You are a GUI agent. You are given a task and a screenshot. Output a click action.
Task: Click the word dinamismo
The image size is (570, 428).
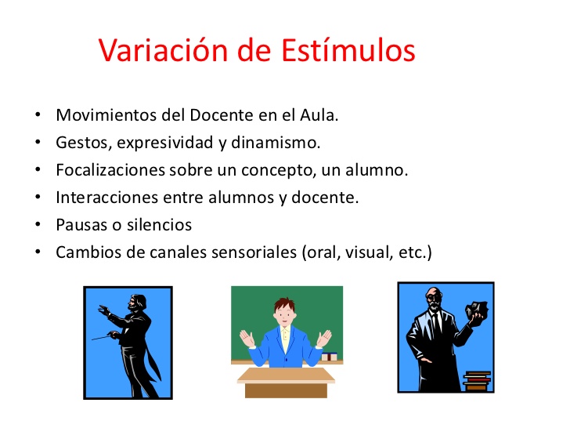pyautogui.click(x=282, y=143)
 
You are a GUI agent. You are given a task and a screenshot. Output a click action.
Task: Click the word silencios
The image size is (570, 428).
pyautogui.click(x=159, y=225)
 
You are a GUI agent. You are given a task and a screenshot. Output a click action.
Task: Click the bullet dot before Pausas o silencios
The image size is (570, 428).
pyautogui.click(x=38, y=225)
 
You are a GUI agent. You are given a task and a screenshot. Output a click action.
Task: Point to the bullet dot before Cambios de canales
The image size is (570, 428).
pyautogui.click(x=38, y=252)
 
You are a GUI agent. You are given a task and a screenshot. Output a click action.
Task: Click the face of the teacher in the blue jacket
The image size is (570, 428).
pyautogui.click(x=285, y=311)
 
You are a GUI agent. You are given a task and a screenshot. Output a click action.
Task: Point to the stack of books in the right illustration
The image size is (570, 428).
pyautogui.click(x=476, y=381)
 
